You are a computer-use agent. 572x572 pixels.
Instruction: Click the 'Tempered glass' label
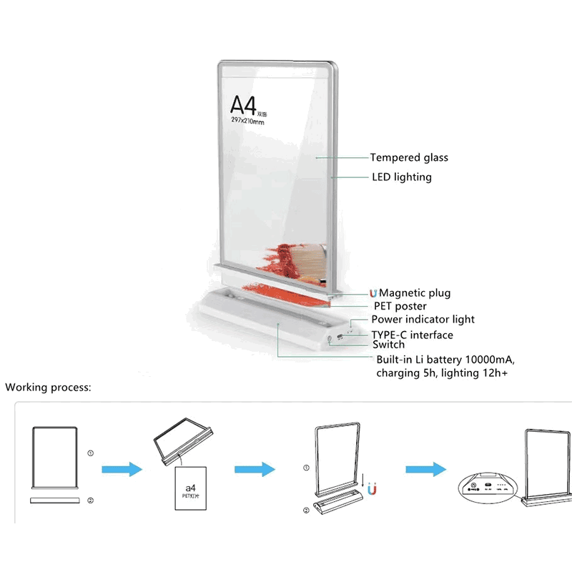(409, 158)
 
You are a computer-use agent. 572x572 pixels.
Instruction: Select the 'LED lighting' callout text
(401, 177)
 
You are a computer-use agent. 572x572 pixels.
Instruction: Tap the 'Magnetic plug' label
(415, 293)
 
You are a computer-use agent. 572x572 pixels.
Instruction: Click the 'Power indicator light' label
(423, 320)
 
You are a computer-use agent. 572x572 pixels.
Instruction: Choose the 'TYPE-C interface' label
(412, 335)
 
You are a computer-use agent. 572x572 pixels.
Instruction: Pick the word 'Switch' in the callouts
(388, 345)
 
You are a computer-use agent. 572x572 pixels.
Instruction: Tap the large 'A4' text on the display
(243, 104)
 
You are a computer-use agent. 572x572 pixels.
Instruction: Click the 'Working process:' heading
(49, 388)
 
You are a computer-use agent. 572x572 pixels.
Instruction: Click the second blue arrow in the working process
(255, 470)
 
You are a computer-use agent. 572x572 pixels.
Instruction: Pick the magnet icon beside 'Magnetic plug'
(373, 293)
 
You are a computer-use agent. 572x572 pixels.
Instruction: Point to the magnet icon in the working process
(372, 490)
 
